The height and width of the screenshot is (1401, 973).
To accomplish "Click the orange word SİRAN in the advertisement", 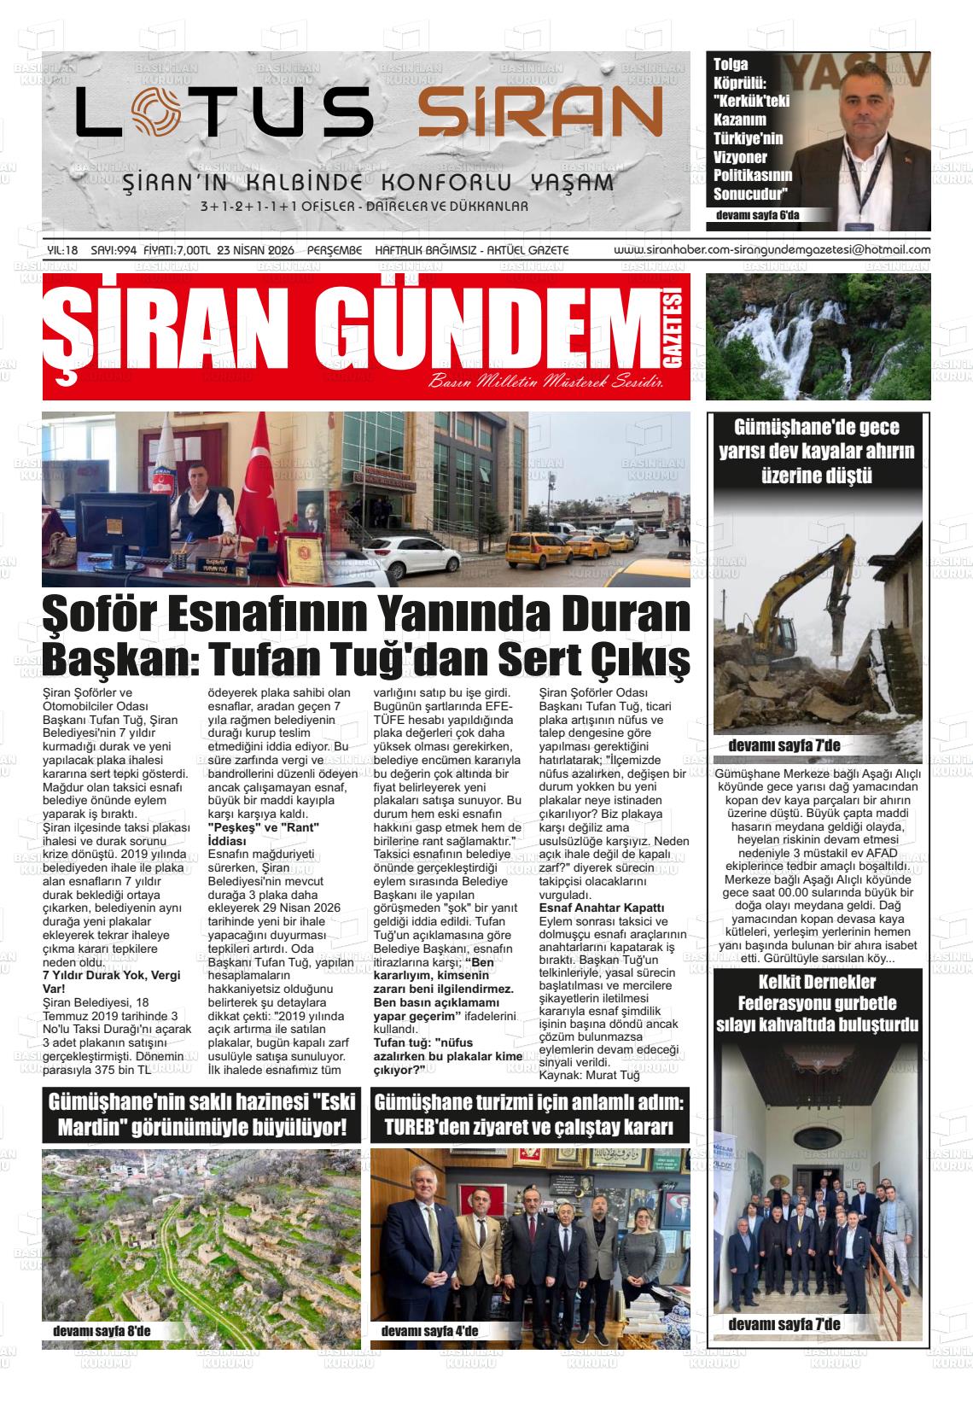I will pos(540,113).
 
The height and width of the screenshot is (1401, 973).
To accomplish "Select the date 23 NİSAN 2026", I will pos(256,250).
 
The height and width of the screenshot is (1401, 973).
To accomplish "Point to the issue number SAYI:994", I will pos(114,250).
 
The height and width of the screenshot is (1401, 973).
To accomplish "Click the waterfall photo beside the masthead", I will pos(818,336).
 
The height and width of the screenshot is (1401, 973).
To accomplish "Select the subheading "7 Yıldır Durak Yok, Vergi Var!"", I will pos(111,982).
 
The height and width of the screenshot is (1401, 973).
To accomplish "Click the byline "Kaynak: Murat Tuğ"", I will pos(589,1075).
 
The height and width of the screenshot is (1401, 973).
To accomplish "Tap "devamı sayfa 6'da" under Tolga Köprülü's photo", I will pos(758,215).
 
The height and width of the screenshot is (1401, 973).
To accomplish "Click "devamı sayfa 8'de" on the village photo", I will pos(101,1331).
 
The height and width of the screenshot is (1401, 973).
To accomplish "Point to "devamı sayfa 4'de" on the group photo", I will pos(428,1331).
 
